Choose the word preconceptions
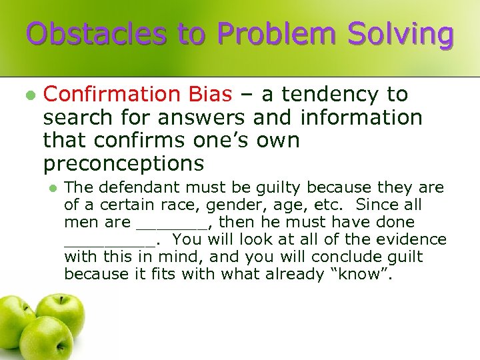[123, 163]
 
